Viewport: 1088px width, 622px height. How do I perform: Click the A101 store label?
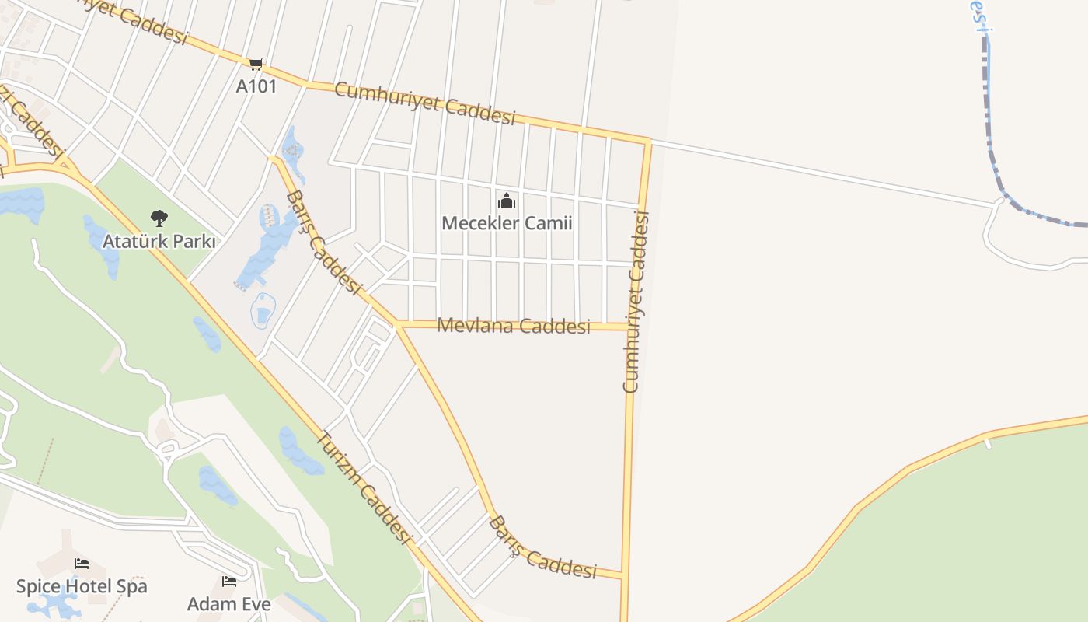(x=256, y=86)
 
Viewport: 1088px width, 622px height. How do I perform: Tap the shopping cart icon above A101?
(x=256, y=64)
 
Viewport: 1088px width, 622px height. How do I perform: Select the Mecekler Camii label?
(x=507, y=224)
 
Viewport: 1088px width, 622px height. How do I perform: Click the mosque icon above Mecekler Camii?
(x=507, y=201)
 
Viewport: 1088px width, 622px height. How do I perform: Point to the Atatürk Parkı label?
(x=159, y=242)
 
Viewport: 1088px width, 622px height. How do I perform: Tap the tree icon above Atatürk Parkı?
(x=159, y=218)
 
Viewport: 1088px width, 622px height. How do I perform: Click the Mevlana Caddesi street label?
(x=514, y=326)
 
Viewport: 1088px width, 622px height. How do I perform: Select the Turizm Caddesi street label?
(x=362, y=487)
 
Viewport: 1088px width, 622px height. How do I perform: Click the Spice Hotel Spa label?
(x=82, y=586)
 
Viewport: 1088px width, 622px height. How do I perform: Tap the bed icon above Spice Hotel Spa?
(x=82, y=564)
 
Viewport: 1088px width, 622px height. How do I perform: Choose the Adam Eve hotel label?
(x=229, y=604)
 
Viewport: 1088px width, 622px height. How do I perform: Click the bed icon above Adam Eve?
(x=229, y=582)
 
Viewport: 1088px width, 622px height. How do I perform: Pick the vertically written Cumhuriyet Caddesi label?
(x=636, y=302)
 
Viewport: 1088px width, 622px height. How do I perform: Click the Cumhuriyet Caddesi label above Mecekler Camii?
(x=424, y=103)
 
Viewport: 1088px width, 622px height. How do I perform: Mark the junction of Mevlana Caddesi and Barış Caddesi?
(x=397, y=323)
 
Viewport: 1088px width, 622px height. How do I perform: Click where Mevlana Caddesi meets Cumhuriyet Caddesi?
(x=632, y=327)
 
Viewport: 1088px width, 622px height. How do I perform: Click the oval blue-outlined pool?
(x=263, y=311)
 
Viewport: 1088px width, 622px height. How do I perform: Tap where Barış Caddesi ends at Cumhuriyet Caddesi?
(x=623, y=576)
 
